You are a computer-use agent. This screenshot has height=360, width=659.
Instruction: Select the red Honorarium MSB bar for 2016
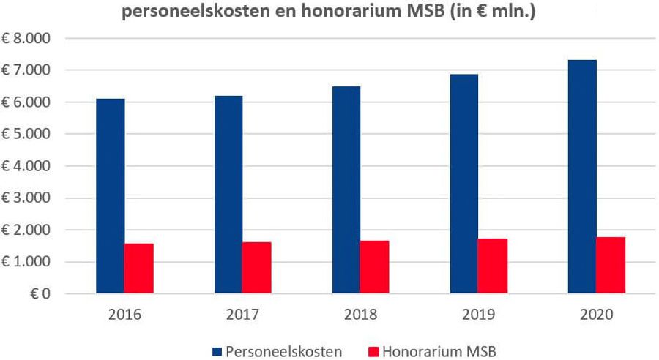[x=138, y=269]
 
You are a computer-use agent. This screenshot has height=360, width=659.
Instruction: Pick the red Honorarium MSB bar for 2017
[x=257, y=268]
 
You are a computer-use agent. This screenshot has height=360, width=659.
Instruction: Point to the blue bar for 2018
[x=346, y=190]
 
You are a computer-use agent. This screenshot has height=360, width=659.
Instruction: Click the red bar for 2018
[x=375, y=267]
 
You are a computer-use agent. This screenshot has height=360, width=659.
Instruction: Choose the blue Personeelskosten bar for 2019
[x=464, y=184]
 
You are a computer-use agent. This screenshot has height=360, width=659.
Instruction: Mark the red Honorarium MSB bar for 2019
[x=493, y=266]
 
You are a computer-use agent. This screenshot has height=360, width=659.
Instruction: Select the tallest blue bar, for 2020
[x=582, y=177]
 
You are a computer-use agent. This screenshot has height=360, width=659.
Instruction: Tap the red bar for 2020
[x=611, y=265]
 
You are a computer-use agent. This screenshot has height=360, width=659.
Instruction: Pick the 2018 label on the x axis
[x=360, y=315]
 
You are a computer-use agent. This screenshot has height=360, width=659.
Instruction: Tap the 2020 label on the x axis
[x=596, y=315]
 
